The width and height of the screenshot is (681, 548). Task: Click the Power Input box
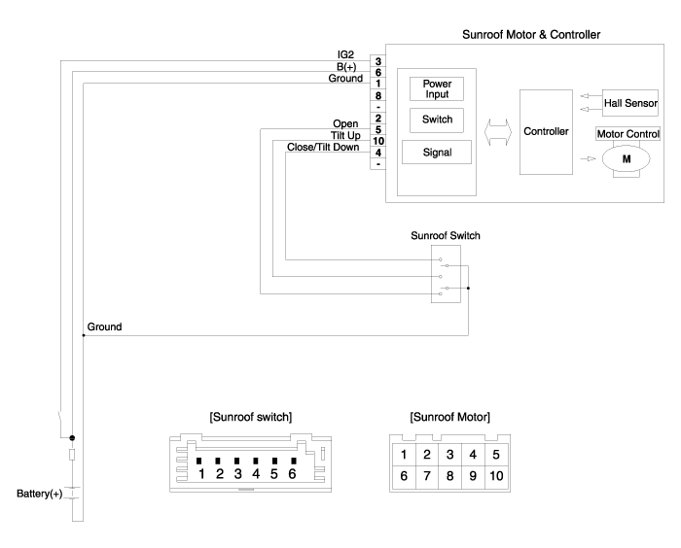point(436,89)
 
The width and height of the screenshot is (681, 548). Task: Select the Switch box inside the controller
point(436,120)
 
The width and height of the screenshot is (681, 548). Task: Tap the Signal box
point(436,152)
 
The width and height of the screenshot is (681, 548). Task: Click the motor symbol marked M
point(628,157)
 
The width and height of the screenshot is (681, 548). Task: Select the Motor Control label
point(628,133)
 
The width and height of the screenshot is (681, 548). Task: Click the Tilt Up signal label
point(347,135)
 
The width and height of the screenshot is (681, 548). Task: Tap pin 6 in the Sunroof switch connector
point(295,473)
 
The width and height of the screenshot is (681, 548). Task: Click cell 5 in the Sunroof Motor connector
point(496,454)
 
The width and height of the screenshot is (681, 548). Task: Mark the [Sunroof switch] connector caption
point(251,417)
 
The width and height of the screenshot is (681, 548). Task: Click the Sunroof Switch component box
point(449,275)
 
